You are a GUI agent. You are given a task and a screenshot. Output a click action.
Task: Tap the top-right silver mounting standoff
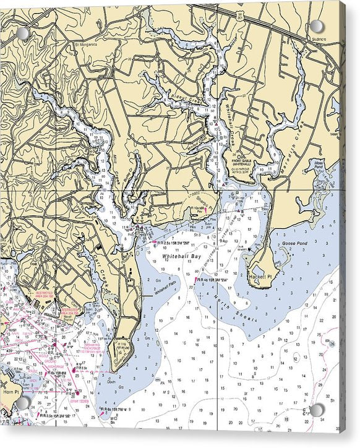click(x=317, y=26)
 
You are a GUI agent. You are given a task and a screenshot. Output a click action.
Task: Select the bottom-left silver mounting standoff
click(x=23, y=403)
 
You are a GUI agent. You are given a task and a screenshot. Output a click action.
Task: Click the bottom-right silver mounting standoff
click(x=317, y=410)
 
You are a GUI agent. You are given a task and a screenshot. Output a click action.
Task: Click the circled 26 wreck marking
click(x=333, y=344)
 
